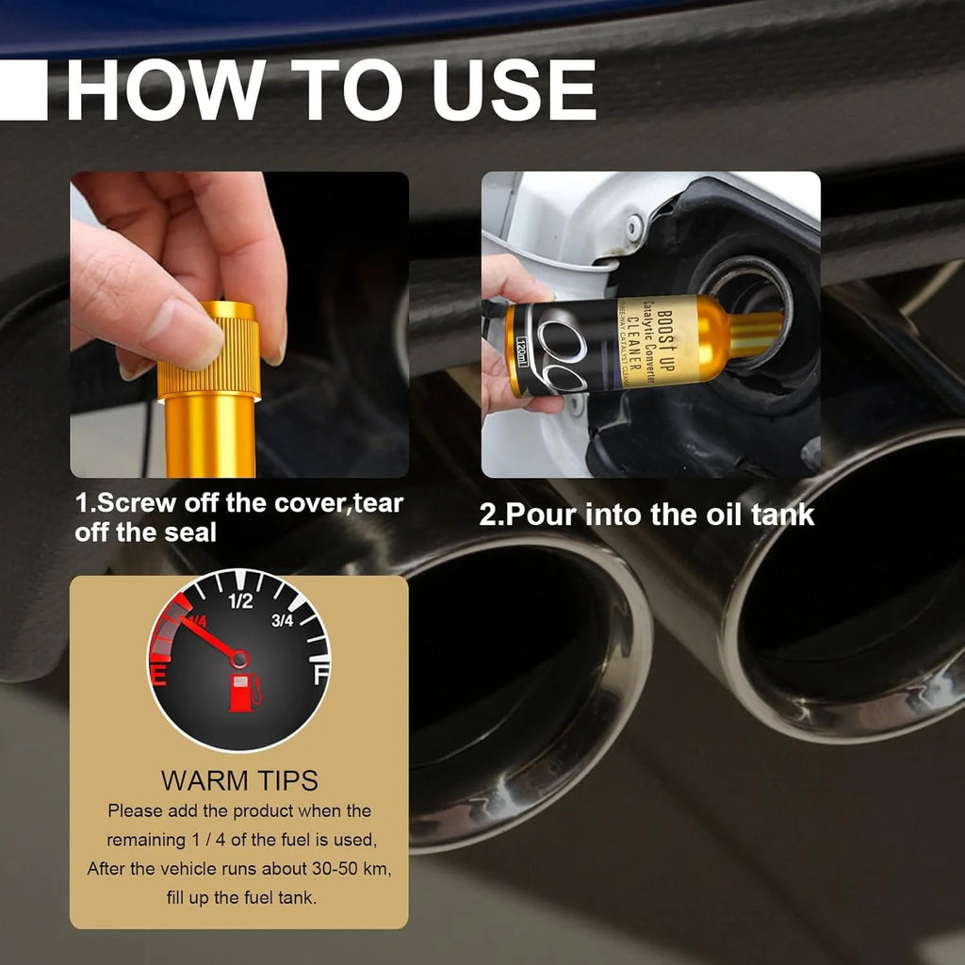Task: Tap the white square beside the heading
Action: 23,90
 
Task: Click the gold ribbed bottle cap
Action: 208,350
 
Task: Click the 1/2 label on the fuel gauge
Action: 241,601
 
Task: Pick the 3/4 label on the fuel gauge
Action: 282,620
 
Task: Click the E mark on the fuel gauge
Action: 161,675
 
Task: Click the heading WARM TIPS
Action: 238,780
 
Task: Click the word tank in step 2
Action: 782,515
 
